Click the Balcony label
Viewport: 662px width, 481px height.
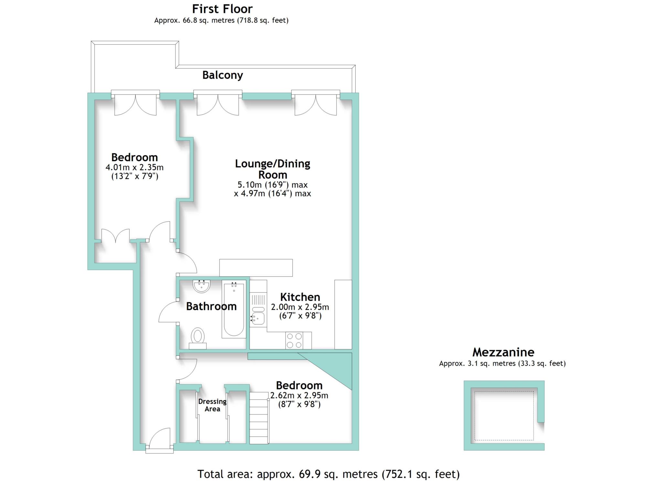click(x=222, y=75)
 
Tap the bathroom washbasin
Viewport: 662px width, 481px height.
click(x=201, y=286)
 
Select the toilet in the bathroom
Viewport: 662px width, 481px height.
click(x=198, y=338)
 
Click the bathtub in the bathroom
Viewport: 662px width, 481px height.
click(x=234, y=309)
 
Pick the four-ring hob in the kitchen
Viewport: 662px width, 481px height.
click(x=294, y=340)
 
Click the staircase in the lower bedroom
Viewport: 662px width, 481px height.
click(x=259, y=418)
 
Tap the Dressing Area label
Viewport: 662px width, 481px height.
click(x=212, y=405)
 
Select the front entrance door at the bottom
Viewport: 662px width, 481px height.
click(x=159, y=440)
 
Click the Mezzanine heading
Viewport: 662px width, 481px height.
click(x=503, y=352)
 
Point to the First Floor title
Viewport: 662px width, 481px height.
click(x=222, y=9)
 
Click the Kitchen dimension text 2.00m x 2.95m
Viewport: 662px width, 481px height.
click(x=300, y=307)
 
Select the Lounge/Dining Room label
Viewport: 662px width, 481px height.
click(x=272, y=169)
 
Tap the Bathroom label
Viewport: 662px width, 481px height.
click(x=211, y=306)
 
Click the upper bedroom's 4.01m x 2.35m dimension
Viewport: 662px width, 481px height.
click(x=134, y=168)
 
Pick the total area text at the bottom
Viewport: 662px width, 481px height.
click(x=328, y=474)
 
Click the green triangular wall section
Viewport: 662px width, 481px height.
click(x=336, y=367)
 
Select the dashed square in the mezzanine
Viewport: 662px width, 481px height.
click(x=504, y=416)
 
